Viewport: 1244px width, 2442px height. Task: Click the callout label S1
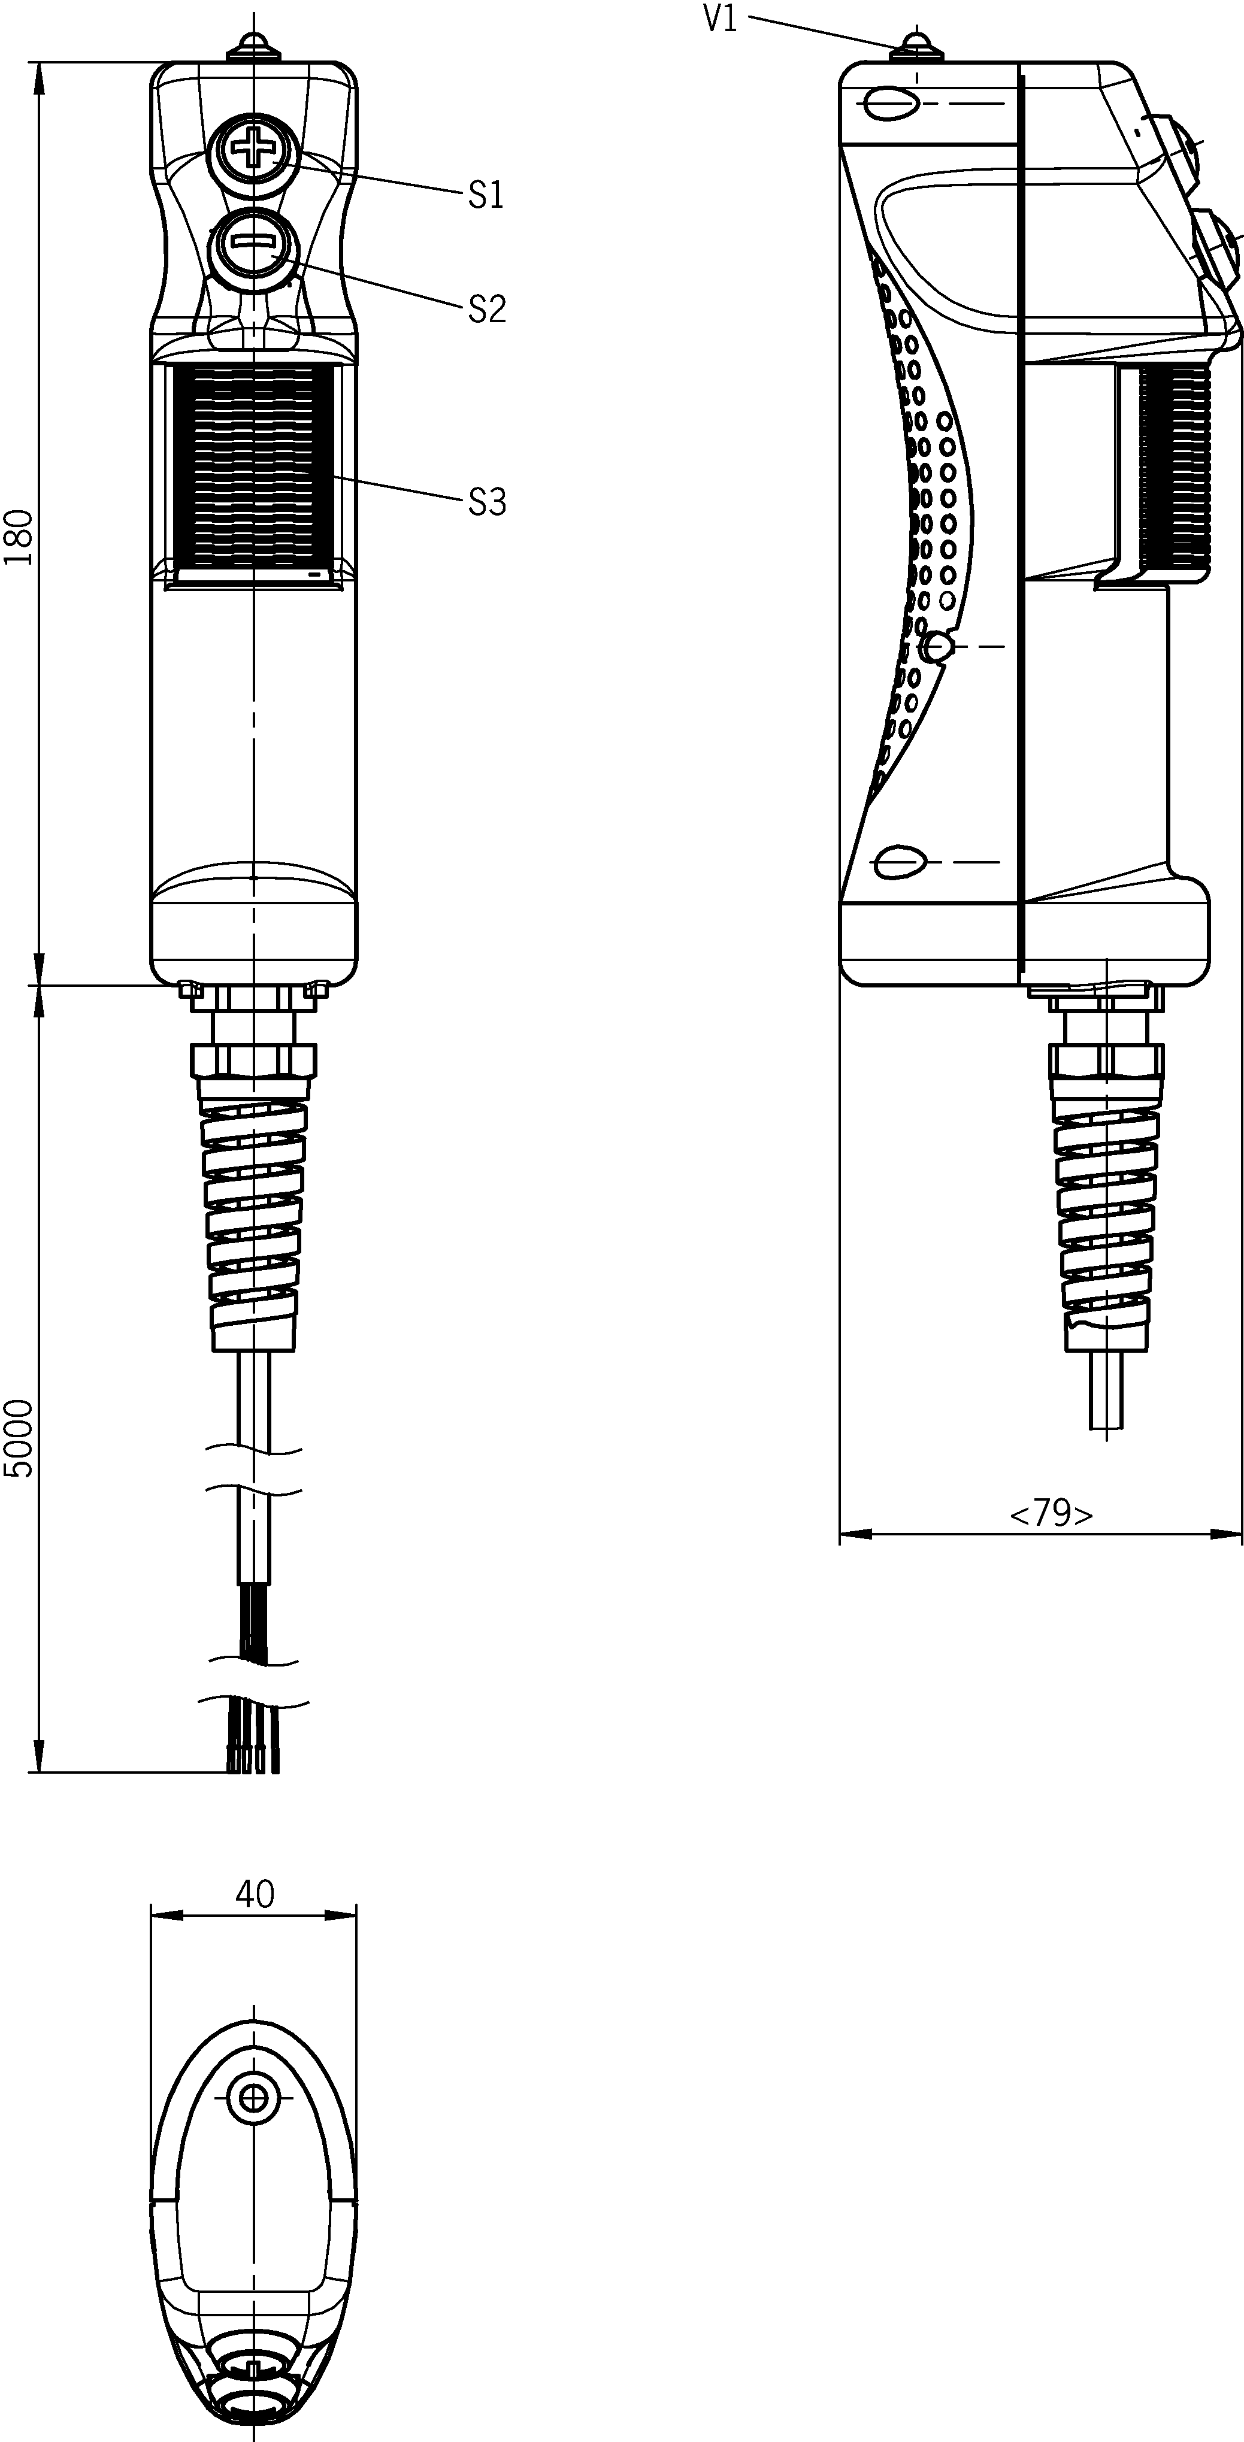click(486, 195)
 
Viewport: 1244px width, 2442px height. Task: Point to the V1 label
click(720, 20)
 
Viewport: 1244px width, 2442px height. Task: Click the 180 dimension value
click(20, 538)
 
